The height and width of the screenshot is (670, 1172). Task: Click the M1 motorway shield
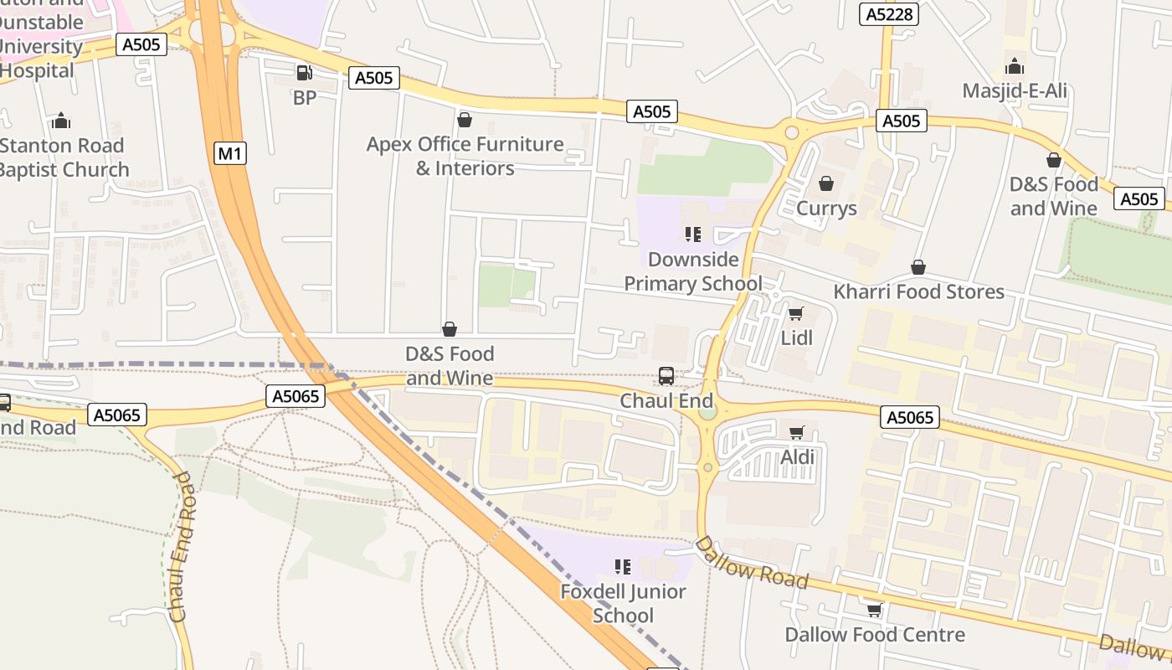tap(231, 153)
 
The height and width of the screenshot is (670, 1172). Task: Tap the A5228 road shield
tap(890, 14)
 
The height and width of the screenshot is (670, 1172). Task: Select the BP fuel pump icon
tap(304, 74)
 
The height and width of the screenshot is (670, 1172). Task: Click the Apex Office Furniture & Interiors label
tap(465, 156)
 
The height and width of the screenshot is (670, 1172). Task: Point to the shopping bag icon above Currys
tap(826, 183)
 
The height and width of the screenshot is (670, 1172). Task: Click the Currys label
tap(826, 208)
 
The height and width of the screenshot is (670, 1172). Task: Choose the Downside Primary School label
tap(693, 271)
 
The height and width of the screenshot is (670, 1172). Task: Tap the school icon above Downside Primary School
tap(692, 234)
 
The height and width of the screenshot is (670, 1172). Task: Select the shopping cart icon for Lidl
tap(795, 314)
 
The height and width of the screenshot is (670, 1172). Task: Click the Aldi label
tap(797, 457)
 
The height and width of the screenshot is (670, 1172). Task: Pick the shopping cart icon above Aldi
tap(797, 433)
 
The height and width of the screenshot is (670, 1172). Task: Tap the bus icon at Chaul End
tap(666, 376)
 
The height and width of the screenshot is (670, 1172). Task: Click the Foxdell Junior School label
tap(623, 603)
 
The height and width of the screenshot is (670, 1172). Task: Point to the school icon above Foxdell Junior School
tap(622, 567)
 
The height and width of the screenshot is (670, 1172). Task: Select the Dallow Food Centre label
tap(874, 635)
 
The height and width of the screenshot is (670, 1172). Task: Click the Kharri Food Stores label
tap(918, 291)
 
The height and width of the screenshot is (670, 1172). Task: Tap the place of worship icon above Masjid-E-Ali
tap(1015, 66)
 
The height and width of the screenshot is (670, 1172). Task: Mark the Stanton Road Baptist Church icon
tap(60, 121)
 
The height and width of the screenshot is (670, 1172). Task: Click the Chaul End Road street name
tap(182, 546)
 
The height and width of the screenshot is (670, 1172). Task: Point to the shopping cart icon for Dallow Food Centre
tap(874, 611)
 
